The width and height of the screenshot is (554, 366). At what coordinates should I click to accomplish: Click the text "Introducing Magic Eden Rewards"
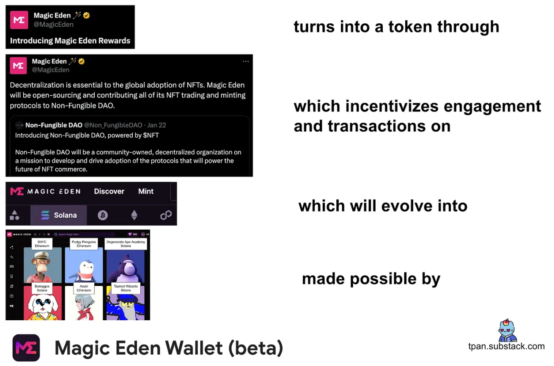point(70,41)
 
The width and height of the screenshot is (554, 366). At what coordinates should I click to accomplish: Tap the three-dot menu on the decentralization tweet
point(246,61)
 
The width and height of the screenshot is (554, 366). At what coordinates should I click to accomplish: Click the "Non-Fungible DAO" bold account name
point(54,125)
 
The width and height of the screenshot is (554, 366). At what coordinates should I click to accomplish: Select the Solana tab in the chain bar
point(59,215)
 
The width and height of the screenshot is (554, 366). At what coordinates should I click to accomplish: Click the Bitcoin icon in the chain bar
point(102,215)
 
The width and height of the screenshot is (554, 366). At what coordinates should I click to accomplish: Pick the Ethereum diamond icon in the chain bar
point(134,215)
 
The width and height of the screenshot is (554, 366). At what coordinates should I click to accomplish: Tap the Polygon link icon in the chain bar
point(166,215)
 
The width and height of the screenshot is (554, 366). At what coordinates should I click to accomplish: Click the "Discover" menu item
point(109,191)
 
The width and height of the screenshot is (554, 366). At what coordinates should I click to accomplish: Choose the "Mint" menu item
point(145,191)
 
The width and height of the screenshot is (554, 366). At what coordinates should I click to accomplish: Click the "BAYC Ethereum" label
point(42,244)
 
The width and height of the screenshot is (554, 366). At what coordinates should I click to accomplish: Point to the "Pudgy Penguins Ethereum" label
point(84,244)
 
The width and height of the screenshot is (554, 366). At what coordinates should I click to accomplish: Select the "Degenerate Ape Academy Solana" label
point(126,244)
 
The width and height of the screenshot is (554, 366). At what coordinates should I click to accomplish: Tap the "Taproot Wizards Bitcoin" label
point(126,288)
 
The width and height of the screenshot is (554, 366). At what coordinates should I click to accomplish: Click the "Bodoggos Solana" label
point(42,288)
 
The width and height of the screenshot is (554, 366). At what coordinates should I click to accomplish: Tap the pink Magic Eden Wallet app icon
point(26,348)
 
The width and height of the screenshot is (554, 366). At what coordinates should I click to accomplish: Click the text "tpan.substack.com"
point(506,346)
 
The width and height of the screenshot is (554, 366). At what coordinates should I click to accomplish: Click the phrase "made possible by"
point(371,279)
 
